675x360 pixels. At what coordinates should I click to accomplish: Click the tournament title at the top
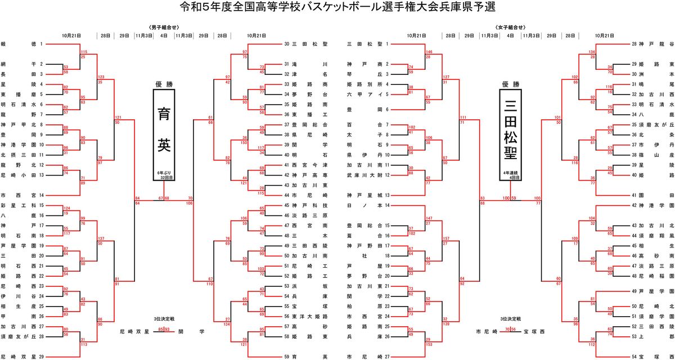[337, 7]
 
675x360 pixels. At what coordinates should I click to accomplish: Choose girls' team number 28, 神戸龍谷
[652, 43]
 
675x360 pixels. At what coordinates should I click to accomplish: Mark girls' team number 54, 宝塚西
[652, 357]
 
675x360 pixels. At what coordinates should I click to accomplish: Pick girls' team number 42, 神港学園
[652, 206]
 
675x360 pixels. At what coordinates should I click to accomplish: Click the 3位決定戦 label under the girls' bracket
[508, 318]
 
